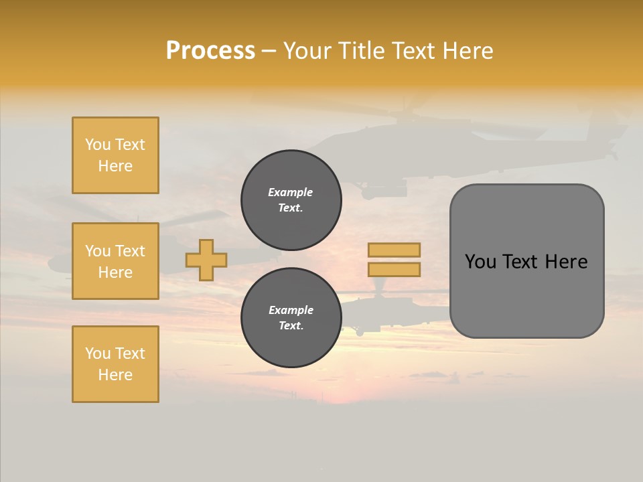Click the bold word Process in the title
(210, 51)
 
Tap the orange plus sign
(206, 260)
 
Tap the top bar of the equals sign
(394, 250)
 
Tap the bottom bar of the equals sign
(394, 269)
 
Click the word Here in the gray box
(566, 262)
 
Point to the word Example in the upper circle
(290, 192)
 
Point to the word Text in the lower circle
(290, 326)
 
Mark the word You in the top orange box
(97, 145)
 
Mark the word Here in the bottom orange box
(115, 375)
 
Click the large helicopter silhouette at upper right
(402, 144)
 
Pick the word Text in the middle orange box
(129, 251)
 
